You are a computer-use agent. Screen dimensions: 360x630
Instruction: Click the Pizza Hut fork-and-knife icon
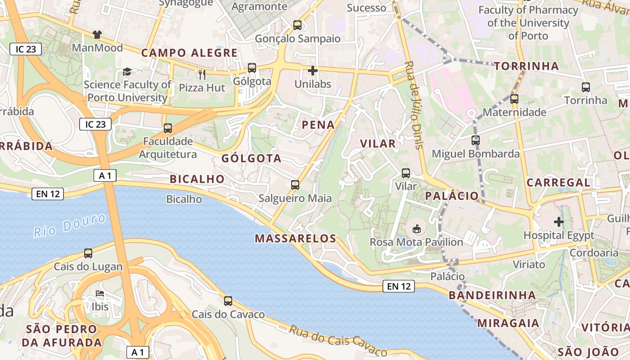tap(202, 74)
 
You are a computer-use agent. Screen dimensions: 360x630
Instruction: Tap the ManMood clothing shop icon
tap(97, 34)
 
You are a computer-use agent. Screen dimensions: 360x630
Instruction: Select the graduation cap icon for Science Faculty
tap(127, 72)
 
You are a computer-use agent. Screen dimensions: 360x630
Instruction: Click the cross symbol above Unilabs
tap(313, 71)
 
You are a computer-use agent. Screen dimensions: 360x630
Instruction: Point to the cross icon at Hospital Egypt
tap(559, 222)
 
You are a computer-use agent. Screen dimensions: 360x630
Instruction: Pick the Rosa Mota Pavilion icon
tap(417, 229)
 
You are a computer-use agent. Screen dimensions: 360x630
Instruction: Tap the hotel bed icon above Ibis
tap(100, 293)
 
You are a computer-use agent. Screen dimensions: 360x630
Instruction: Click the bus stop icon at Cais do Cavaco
tap(228, 301)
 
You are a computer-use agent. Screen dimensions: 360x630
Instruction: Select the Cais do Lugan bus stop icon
tap(88, 253)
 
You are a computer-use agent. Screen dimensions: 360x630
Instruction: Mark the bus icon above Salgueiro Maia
tap(295, 185)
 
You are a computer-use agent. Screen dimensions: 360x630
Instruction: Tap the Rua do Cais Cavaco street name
tap(337, 341)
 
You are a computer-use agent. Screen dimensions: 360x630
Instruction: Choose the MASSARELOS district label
tap(296, 238)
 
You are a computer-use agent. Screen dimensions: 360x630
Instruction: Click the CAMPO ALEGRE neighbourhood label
tap(189, 53)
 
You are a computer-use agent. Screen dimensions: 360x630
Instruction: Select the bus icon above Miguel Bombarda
tap(476, 140)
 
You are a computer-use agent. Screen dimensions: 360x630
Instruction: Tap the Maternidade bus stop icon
tap(514, 99)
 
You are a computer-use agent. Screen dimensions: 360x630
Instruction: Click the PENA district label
tap(319, 125)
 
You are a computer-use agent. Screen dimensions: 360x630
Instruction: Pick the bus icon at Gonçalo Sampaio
tap(297, 25)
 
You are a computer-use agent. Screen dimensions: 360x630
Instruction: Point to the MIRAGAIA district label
tap(508, 323)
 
